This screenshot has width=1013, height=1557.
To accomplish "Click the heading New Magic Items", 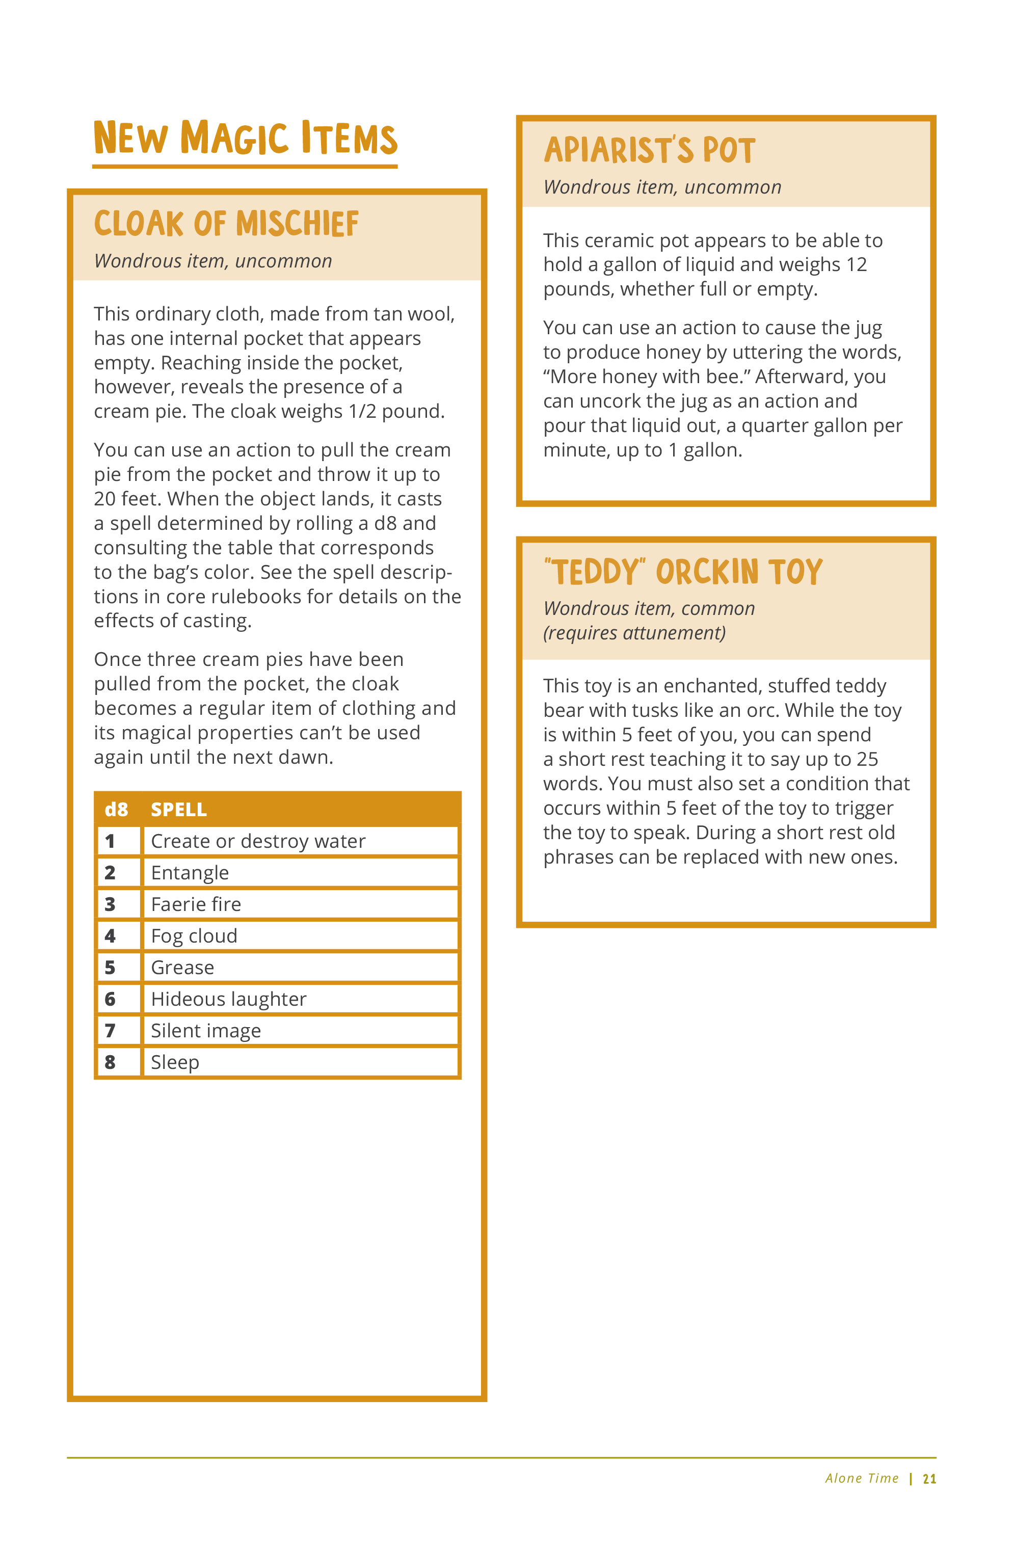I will click(x=246, y=139).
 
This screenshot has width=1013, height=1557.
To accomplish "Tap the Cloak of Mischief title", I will click(x=226, y=224).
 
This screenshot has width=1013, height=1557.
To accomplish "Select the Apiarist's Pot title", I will click(x=650, y=150).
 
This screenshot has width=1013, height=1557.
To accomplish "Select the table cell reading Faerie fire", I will click(x=196, y=904).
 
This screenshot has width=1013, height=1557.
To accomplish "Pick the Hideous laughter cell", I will click(x=228, y=999).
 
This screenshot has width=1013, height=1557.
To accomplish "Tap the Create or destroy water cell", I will click(x=258, y=841).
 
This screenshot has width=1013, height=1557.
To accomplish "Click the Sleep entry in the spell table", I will click(x=175, y=1062).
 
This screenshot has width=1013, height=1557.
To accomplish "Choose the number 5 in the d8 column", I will click(x=110, y=968).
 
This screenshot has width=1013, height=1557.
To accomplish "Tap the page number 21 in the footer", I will click(x=929, y=1479).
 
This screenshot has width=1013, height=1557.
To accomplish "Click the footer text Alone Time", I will click(x=861, y=1479).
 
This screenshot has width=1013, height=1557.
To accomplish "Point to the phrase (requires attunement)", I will click(x=634, y=633).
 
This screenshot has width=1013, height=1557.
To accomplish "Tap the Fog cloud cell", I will click(x=194, y=936).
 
